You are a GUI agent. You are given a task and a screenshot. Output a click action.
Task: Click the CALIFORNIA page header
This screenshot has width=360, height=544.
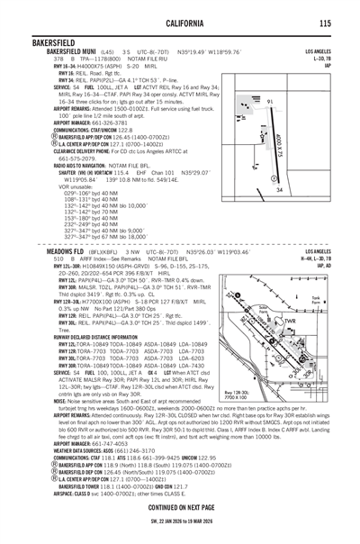coord(180,23)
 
